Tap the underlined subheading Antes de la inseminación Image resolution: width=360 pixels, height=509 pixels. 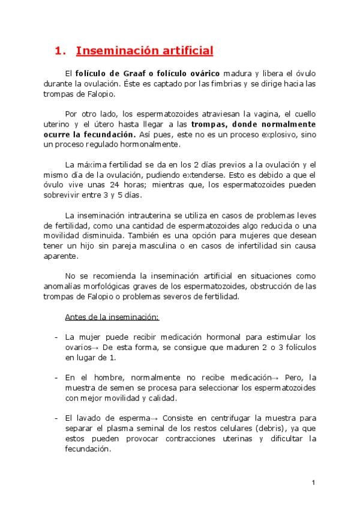[x=112, y=316]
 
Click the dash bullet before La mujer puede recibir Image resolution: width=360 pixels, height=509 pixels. [x=56, y=337]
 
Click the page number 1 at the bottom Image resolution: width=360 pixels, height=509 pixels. [x=313, y=483]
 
